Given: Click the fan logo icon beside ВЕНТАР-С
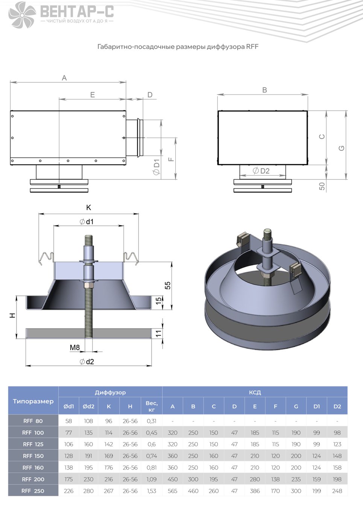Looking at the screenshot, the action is click(22, 15).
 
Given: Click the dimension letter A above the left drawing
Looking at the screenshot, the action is click(64, 78).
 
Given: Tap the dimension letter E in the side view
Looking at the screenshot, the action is click(92, 95).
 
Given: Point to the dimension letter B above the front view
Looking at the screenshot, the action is click(264, 90).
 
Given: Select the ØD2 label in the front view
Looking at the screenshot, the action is click(261, 171).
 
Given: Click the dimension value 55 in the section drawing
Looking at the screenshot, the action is click(167, 285).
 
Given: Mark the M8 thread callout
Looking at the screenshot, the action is click(74, 347).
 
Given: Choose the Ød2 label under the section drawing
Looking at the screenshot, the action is click(87, 362).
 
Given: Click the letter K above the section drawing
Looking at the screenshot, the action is click(88, 207).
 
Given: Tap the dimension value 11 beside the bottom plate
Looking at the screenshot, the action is click(158, 333).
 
